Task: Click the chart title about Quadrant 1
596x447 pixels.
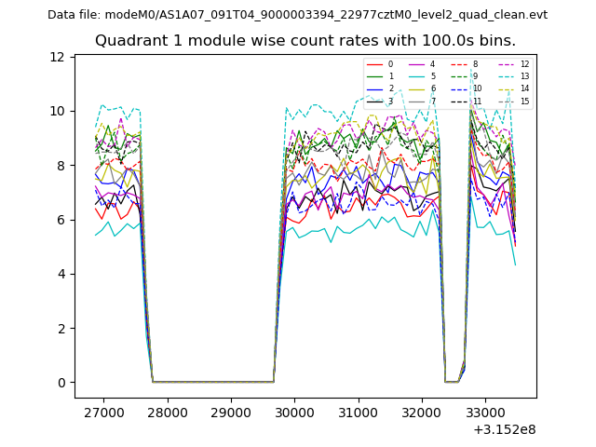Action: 305,41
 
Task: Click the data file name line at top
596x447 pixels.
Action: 297,15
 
